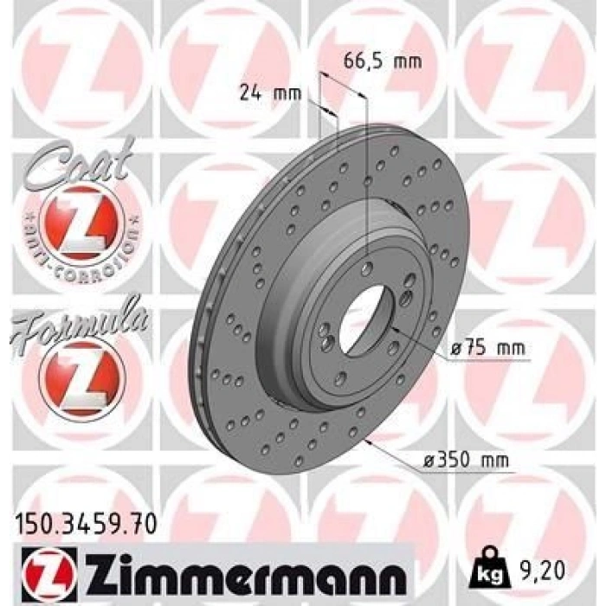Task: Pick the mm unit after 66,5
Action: pos(407,61)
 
